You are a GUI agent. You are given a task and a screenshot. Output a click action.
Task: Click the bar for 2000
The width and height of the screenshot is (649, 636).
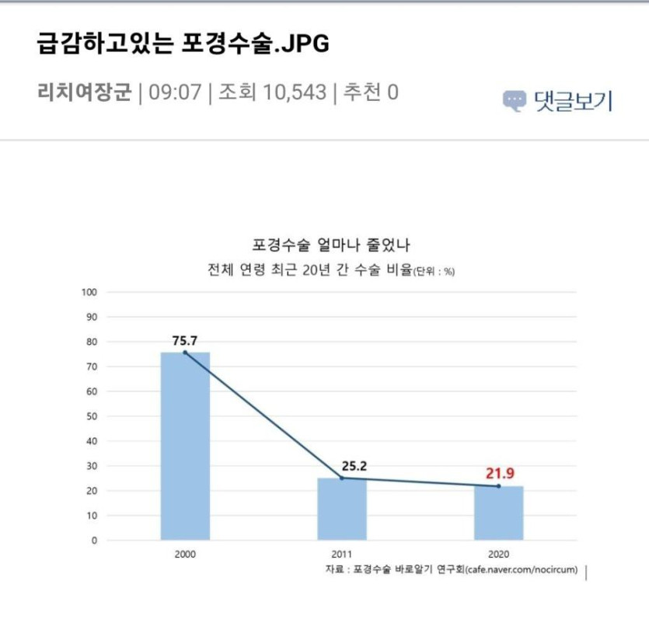pyautogui.click(x=185, y=447)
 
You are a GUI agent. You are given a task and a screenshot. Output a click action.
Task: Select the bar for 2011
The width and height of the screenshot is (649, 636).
pyautogui.click(x=341, y=509)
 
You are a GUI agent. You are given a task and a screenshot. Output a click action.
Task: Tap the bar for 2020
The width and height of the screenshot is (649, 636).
pyautogui.click(x=498, y=513)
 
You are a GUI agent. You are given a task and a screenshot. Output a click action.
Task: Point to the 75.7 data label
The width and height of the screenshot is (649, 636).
pyautogui.click(x=185, y=339)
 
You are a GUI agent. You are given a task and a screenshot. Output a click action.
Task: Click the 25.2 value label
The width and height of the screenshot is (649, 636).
pyautogui.click(x=354, y=466)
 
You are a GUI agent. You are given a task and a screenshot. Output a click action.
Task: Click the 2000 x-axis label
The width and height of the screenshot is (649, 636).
pyautogui.click(x=185, y=555)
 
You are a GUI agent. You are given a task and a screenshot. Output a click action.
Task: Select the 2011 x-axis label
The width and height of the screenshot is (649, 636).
pyautogui.click(x=341, y=555)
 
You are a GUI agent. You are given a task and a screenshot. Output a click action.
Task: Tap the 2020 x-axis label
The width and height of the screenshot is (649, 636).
pyautogui.click(x=498, y=555)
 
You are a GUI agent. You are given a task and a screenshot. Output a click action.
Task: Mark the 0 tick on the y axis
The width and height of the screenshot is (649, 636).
pyautogui.click(x=94, y=540)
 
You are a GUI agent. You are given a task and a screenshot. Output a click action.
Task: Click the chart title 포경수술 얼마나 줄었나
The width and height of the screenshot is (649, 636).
pyautogui.click(x=331, y=245)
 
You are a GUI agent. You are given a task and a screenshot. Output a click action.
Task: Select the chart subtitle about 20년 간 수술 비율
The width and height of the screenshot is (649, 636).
pyautogui.click(x=330, y=270)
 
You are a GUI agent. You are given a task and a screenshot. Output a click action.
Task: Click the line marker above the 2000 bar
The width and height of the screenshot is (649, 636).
pyautogui.click(x=185, y=353)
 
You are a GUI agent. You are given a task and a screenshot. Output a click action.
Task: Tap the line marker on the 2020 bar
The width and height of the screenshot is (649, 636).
pyautogui.click(x=498, y=486)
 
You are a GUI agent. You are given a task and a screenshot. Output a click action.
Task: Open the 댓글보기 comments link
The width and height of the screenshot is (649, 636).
pyautogui.click(x=573, y=101)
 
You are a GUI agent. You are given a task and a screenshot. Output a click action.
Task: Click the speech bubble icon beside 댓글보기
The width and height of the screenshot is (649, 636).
pyautogui.click(x=514, y=101)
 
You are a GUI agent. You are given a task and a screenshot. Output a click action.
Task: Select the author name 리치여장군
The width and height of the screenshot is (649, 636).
pyautogui.click(x=85, y=92)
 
